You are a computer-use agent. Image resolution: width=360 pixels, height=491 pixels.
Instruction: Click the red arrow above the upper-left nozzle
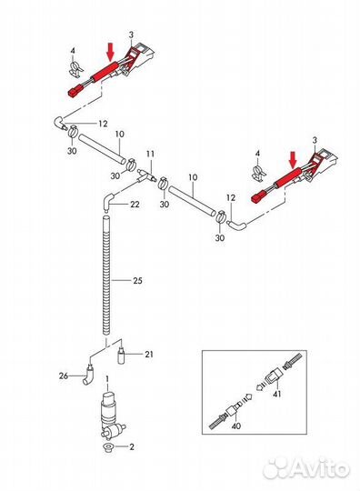(110, 53)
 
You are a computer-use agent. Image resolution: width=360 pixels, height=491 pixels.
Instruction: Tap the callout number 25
(137, 280)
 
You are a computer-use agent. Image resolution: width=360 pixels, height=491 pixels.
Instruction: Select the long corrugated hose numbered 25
(106, 276)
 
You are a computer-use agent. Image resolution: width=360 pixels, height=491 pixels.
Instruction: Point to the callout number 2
(132, 446)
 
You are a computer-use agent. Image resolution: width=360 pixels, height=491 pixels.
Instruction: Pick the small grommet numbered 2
(108, 447)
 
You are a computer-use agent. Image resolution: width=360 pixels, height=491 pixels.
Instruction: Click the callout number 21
(149, 355)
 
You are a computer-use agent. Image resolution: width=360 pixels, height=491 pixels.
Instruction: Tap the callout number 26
(64, 376)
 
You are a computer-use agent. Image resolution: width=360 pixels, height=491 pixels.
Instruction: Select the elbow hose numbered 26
(89, 376)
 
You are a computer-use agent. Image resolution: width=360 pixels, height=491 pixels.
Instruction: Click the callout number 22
(135, 205)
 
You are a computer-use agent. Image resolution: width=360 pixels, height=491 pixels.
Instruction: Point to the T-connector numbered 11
(145, 176)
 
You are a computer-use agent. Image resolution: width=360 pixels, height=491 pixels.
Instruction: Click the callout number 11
(150, 154)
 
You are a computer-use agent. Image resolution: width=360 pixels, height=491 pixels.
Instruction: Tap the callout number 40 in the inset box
(236, 426)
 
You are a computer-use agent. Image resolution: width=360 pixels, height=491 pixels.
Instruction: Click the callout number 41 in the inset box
(276, 394)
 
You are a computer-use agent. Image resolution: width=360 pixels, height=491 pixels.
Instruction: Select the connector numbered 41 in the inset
(275, 376)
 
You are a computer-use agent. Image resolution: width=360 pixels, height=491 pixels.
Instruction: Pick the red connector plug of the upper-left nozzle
(74, 92)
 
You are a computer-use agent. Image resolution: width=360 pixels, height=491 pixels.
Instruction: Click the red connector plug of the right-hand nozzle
(257, 198)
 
